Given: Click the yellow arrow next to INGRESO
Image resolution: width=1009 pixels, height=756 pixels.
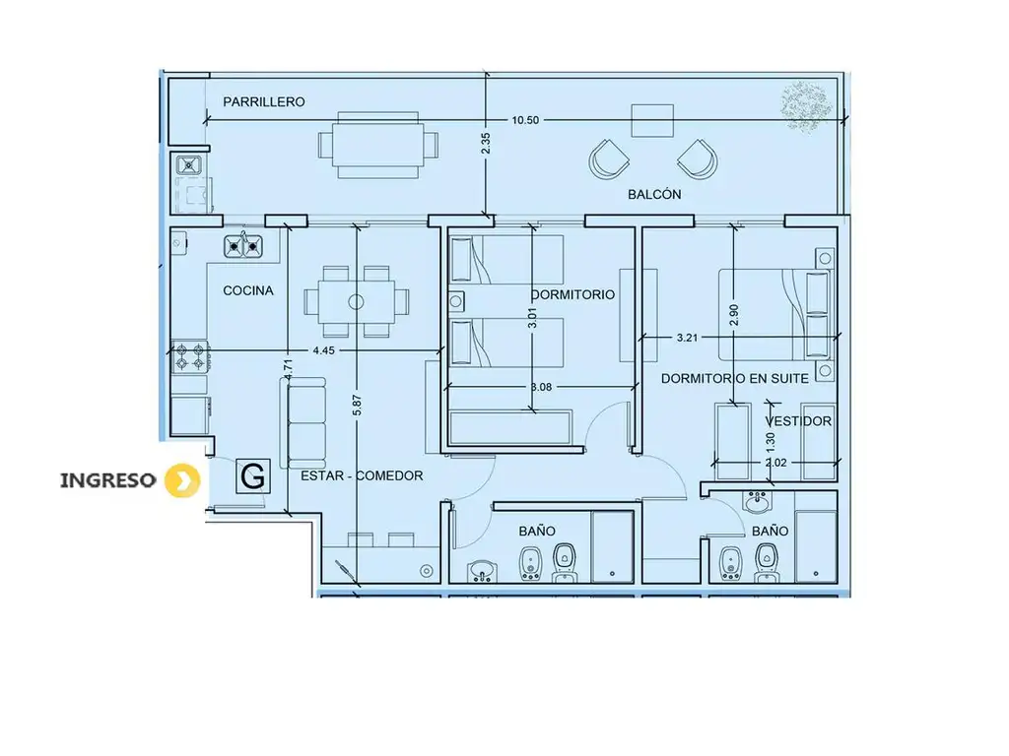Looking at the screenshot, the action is click(182, 480).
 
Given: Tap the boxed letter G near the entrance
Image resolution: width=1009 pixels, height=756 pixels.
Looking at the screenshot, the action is click(252, 477).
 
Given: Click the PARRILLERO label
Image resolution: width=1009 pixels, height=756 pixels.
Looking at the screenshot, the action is click(264, 101).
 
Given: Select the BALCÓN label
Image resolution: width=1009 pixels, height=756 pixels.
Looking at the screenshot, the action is click(654, 194).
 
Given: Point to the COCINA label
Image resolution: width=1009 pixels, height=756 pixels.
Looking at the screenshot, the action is click(248, 290).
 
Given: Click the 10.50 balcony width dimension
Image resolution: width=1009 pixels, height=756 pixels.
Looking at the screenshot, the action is click(525, 120).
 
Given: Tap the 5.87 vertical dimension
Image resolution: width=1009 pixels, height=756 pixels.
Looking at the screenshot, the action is click(358, 405).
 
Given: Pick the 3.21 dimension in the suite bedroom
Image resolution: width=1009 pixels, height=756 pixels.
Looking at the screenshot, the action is click(687, 338).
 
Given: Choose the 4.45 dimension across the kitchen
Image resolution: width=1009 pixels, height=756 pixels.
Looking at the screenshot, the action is click(323, 350).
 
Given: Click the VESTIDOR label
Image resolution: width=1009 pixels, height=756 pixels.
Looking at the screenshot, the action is click(798, 421).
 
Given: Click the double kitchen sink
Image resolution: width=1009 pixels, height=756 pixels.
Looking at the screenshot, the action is click(243, 245).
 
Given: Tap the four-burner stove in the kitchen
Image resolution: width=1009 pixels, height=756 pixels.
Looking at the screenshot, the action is click(190, 356).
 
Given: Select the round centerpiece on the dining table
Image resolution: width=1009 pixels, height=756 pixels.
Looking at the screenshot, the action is click(356, 301).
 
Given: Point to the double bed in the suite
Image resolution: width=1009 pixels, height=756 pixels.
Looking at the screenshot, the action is click(774, 314).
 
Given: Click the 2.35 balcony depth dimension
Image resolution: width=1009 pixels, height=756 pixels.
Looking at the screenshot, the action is click(486, 144).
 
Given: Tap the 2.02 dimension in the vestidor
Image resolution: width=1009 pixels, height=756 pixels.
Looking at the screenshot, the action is click(776, 463).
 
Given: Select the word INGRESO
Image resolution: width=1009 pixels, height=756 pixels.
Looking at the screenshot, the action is click(108, 480).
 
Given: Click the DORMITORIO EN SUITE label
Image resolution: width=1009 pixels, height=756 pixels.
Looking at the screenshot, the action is click(735, 379).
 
